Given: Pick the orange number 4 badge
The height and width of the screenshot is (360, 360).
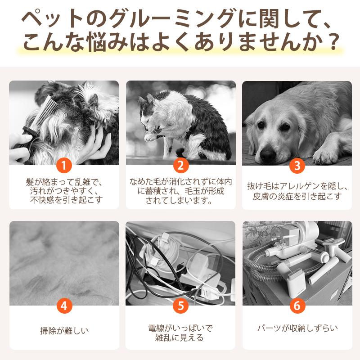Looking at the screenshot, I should pyautogui.click(x=64, y=306).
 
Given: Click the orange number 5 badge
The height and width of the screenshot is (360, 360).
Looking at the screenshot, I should pyautogui.click(x=180, y=306).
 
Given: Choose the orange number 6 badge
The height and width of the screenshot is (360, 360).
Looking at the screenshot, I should pyautogui.click(x=297, y=306).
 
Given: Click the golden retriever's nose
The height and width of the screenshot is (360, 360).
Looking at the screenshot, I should pyautogui.click(x=268, y=154).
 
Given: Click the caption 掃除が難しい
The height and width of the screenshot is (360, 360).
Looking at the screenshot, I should pyautogui.click(x=64, y=332).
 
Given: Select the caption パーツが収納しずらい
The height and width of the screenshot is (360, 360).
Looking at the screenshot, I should pyautogui.click(x=297, y=328).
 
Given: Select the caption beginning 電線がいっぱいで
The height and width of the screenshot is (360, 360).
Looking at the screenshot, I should pyautogui.click(x=180, y=333).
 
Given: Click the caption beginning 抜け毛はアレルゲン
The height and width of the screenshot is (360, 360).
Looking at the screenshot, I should pyautogui.click(x=297, y=191).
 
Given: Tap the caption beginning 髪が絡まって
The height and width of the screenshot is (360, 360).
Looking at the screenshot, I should pyautogui.click(x=64, y=191).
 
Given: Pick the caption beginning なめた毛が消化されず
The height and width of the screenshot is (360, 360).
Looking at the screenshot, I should pyautogui.click(x=180, y=191).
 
